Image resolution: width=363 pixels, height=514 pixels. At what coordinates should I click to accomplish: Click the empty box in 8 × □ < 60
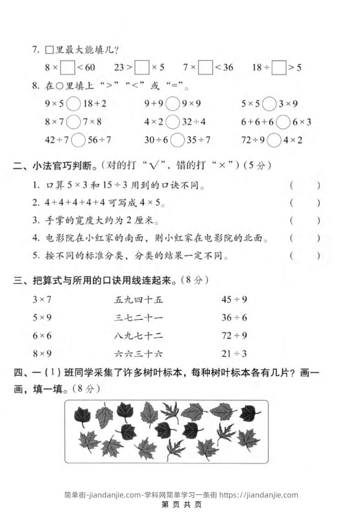pos(68,68)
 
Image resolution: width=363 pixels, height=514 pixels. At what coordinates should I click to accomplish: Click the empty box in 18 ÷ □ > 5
pos(279,68)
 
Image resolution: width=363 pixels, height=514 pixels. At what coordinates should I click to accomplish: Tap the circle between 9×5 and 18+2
pos(73,104)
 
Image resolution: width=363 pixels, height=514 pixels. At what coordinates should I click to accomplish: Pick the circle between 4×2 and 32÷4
pos(173,122)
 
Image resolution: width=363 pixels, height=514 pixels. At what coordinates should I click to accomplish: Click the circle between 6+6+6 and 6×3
pos(284,122)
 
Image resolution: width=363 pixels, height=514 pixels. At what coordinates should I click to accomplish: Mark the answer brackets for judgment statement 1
pos(305,186)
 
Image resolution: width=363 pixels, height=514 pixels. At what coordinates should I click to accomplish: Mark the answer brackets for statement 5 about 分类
pos(305,256)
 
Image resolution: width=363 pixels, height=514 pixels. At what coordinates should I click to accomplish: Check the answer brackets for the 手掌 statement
pos(305,220)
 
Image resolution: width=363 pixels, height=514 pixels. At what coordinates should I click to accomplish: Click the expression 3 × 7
pos(42,300)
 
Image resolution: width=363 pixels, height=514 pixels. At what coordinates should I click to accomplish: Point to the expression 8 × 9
pos(42,354)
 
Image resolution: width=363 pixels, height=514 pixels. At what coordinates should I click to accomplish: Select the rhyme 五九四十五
pos(138,300)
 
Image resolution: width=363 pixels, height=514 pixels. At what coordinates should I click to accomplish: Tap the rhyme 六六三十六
pos(138,354)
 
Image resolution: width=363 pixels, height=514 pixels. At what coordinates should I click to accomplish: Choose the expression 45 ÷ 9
pos(234,300)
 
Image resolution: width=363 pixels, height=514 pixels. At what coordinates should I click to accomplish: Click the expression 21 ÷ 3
pos(234,354)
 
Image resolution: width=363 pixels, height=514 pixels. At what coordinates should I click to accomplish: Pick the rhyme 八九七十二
pos(138,336)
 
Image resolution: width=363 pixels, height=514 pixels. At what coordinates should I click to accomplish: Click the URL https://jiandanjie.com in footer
pos(259,495)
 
